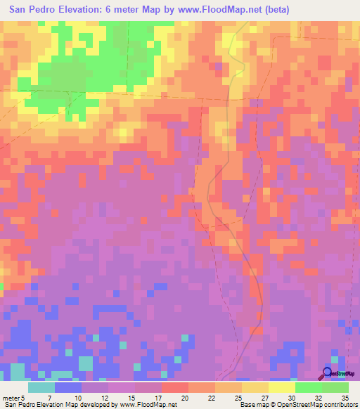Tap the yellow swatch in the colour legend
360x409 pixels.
coord(282,387)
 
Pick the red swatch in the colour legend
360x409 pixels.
coord(175,387)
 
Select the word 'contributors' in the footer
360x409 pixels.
coord(340,405)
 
